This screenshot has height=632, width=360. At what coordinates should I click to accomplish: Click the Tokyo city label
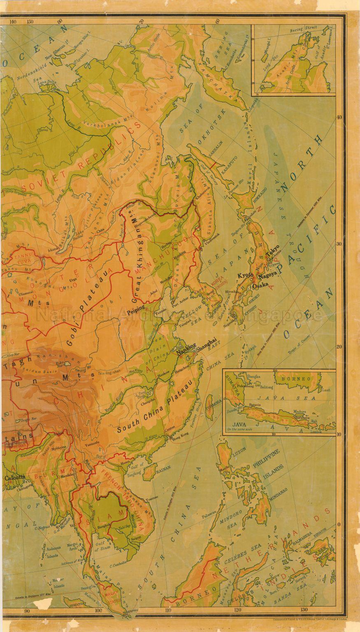pyautogui.click(x=274, y=248)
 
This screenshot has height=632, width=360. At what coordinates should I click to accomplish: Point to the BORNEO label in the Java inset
pyautogui.click(x=294, y=378)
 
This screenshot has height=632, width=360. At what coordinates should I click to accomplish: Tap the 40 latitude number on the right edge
pyautogui.click(x=339, y=117)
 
